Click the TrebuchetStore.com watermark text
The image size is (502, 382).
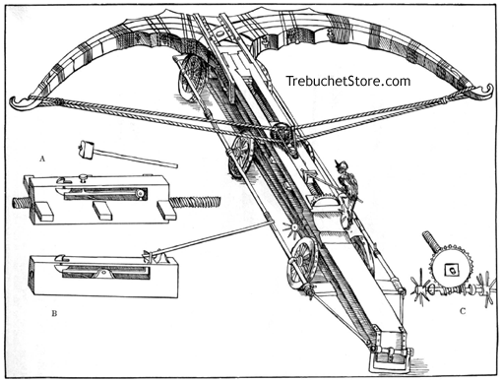pyautogui.click(x=348, y=82)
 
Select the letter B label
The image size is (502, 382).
pyautogui.click(x=40, y=312)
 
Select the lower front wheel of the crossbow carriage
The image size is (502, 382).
pyautogui.click(x=303, y=260)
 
